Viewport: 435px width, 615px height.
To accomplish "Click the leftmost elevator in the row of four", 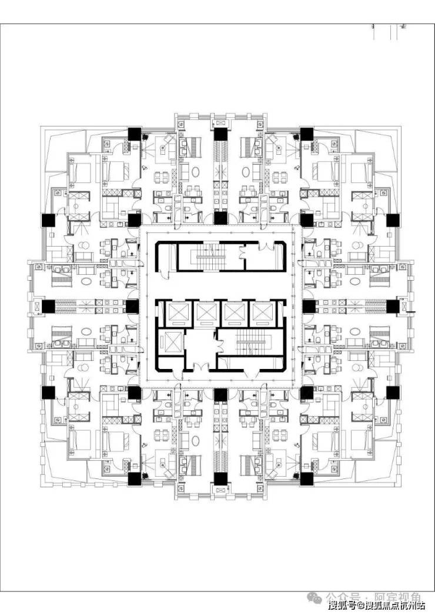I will (177, 312).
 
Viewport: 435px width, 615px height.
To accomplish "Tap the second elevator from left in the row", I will (205, 312).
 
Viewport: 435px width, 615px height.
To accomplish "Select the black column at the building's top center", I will (220, 134).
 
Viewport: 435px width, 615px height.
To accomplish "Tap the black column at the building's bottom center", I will (220, 478).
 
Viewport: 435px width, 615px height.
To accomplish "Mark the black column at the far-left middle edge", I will (48, 306).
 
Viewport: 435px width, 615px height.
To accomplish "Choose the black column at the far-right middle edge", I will (392, 306).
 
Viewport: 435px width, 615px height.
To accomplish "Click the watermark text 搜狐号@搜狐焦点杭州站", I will (376, 606).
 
